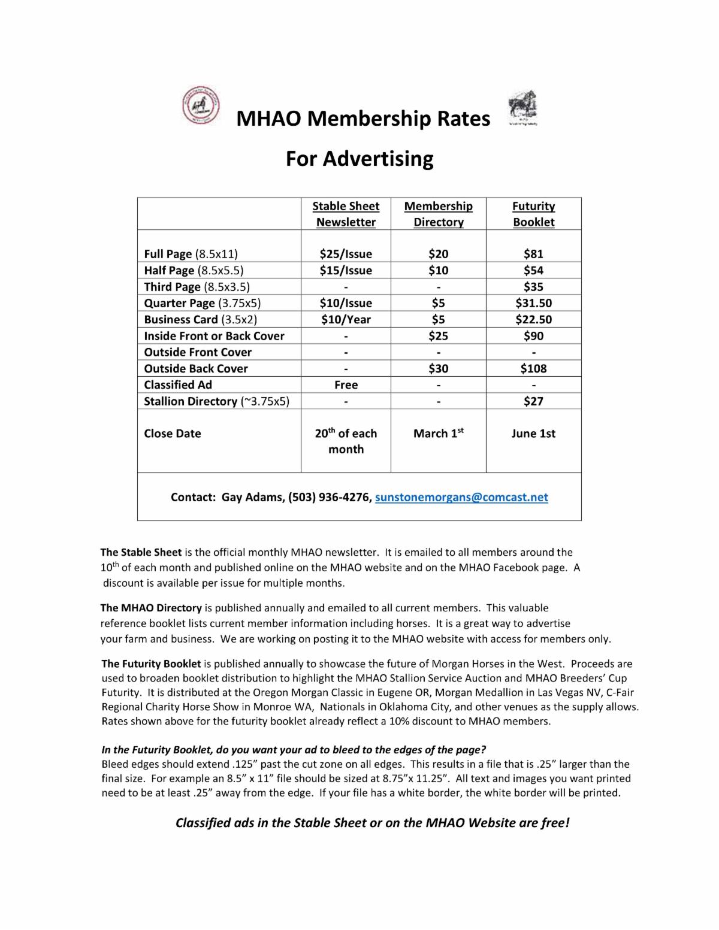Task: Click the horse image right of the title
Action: (x=522, y=108)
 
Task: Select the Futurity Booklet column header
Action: (x=533, y=214)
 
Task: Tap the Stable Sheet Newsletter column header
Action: (x=346, y=214)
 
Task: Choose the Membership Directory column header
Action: (x=438, y=214)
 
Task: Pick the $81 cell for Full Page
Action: (x=533, y=254)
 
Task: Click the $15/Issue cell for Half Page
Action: (x=346, y=270)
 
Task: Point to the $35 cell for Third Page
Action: (x=533, y=287)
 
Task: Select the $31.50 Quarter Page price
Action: (x=533, y=303)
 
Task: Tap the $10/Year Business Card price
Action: (x=346, y=319)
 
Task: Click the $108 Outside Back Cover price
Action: (x=533, y=368)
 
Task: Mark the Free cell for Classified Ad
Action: (x=346, y=384)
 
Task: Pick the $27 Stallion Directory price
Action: (x=533, y=401)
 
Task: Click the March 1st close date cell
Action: (x=438, y=434)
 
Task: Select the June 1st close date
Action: (x=533, y=434)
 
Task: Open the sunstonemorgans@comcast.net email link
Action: (x=461, y=497)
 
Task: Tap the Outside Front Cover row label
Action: (x=198, y=352)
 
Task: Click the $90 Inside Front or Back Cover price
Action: (x=533, y=336)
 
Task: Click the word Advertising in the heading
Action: (x=377, y=159)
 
